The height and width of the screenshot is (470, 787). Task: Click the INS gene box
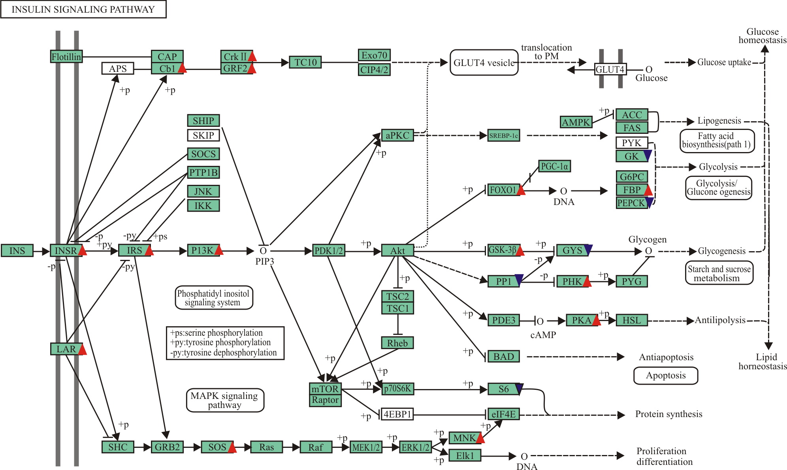[17, 251]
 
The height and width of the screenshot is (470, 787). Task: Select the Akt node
[397, 251]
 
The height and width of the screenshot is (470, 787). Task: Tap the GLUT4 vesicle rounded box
[484, 62]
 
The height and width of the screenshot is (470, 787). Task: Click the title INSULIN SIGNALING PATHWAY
[83, 9]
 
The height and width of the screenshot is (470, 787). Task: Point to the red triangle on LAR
[82, 350]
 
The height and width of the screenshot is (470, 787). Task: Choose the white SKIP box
[203, 135]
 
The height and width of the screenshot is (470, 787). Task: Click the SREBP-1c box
[503, 135]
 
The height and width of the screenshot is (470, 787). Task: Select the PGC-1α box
[554, 166]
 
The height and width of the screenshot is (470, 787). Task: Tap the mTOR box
[325, 389]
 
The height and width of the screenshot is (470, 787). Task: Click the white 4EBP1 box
[397, 414]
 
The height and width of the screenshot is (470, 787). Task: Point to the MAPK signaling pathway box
[225, 400]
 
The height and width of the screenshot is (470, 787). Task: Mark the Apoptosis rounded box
[666, 376]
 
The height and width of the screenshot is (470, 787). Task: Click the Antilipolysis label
[720, 320]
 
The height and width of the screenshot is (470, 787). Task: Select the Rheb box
[397, 343]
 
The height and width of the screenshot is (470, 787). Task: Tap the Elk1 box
[465, 456]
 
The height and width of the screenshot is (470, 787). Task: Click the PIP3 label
[264, 261]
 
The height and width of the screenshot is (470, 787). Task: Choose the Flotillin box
[66, 57]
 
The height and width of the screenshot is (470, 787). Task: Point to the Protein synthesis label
[668, 414]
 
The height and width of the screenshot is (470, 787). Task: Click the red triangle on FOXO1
[521, 191]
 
